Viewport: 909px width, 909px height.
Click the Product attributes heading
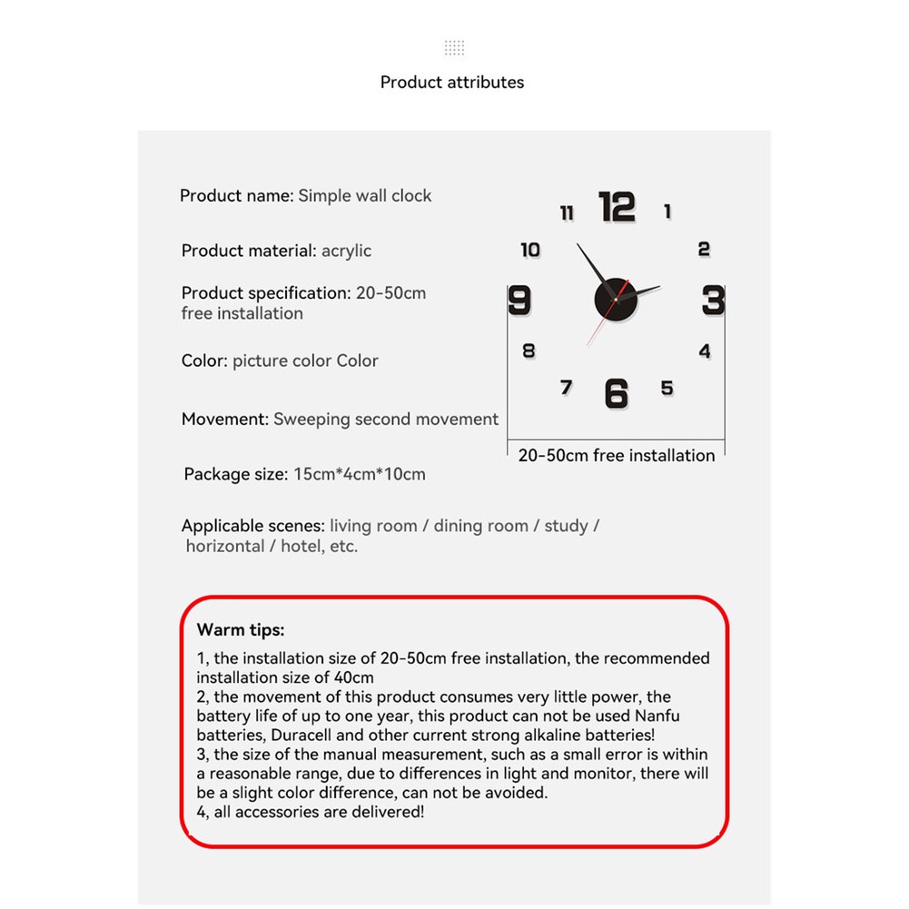click(452, 83)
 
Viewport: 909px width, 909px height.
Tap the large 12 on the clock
click(618, 207)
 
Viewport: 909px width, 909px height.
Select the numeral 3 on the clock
click(713, 300)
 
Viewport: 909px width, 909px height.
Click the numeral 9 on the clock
click(519, 300)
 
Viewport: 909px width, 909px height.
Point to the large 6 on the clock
click(617, 393)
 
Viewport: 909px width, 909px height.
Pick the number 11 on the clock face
click(567, 213)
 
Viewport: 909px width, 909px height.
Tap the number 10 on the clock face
click(530, 250)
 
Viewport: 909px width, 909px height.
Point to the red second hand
click(598, 328)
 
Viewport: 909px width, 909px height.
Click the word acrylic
click(346, 251)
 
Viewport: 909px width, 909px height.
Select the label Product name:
click(236, 195)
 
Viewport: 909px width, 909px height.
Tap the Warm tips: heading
click(241, 629)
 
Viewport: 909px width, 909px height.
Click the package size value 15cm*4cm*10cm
click(359, 474)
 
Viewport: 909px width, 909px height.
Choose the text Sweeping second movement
click(386, 420)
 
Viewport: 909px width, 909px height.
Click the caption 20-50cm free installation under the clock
click(617, 455)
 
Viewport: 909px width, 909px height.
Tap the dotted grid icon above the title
click(454, 48)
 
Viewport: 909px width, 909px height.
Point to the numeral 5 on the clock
click(667, 389)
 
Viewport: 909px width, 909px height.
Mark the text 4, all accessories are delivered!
click(311, 812)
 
